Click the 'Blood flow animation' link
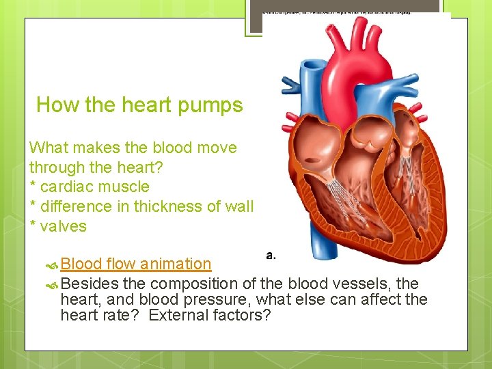coord(136,264)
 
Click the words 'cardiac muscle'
coord(95,187)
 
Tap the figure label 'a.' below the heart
coord(271,256)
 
